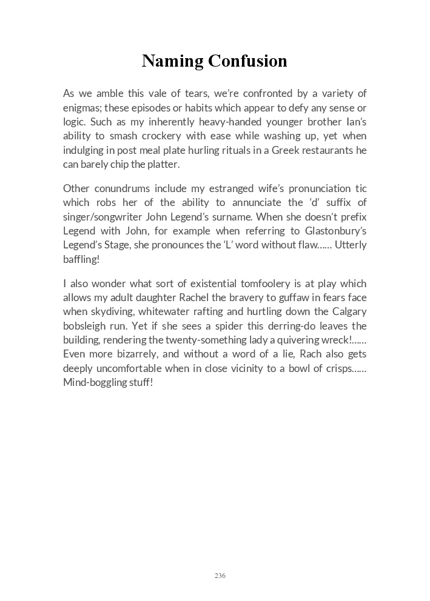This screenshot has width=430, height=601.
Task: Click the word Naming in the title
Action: [172, 61]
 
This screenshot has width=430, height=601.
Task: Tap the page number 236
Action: [220, 576]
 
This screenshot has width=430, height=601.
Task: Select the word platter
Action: [163, 164]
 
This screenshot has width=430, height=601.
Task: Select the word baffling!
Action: [81, 259]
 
